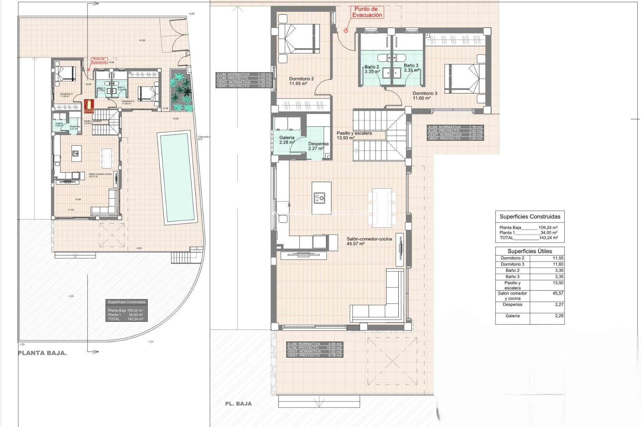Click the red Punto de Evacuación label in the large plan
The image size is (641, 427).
click(367, 12)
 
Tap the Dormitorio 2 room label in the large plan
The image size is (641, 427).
click(301, 81)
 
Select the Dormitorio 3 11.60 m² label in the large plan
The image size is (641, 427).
click(425, 96)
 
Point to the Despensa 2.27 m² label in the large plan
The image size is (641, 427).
click(318, 146)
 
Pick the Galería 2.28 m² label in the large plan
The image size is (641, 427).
click(287, 140)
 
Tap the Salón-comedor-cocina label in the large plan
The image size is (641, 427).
click(369, 241)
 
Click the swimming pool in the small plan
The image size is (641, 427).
click(177, 178)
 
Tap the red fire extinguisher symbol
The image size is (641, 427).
click(89, 106)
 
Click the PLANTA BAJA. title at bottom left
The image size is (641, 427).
click(42, 353)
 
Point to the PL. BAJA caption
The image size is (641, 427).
click(238, 404)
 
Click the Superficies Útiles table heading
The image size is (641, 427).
click(529, 251)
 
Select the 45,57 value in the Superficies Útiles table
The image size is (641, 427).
click(558, 293)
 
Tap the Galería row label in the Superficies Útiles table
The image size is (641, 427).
click(512, 316)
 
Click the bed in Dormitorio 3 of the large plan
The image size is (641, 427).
click(464, 79)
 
